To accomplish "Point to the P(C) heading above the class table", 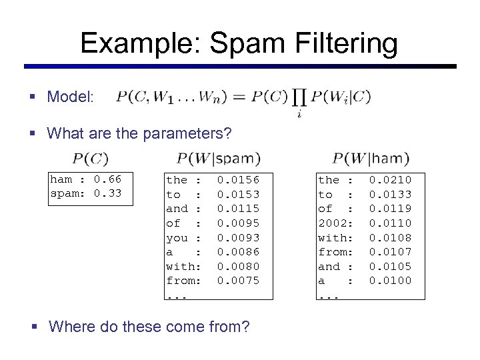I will (x=90, y=159).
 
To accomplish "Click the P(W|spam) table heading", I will (x=219, y=159).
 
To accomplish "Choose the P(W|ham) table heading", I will (x=371, y=159).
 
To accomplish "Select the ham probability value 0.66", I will (x=107, y=179).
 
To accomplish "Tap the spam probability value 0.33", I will (x=107, y=194).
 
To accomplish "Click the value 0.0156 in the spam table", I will (x=239, y=180).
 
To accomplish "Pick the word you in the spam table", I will (x=177, y=237).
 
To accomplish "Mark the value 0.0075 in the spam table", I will (x=239, y=281).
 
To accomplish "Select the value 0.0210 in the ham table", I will (x=391, y=180).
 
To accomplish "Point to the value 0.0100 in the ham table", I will (x=391, y=281).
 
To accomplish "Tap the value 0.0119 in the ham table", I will (x=391, y=209).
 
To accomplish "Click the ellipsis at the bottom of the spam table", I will (x=177, y=295).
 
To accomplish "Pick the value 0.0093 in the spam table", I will (x=239, y=237).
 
